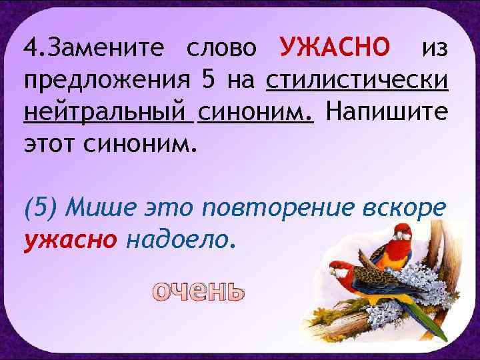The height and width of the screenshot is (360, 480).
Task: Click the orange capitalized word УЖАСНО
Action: (335, 48)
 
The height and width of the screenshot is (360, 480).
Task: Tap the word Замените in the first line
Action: (103, 48)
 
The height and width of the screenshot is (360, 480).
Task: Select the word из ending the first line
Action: (436, 48)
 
